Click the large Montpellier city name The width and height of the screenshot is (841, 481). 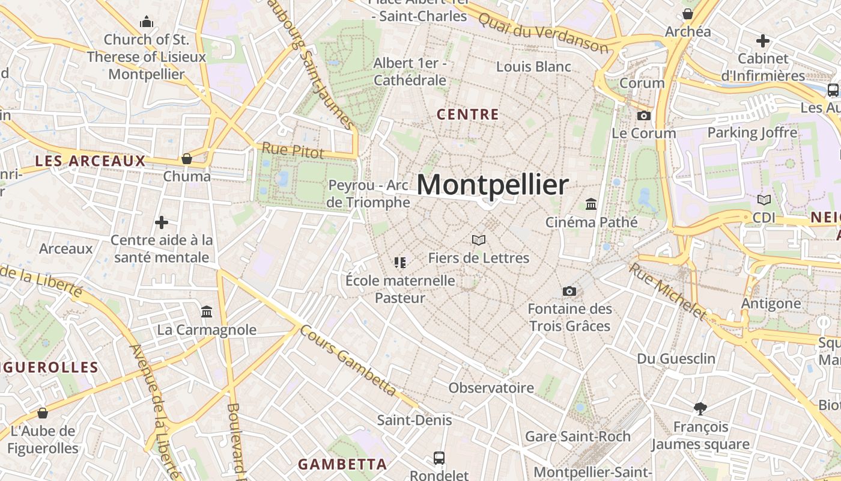492,185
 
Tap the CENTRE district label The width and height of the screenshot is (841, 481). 467,114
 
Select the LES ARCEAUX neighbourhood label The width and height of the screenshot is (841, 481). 90,161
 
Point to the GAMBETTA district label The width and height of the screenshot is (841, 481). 342,464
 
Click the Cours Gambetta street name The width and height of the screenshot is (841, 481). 349,361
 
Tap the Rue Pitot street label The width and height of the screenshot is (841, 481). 293,150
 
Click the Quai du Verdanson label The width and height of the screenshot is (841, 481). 544,32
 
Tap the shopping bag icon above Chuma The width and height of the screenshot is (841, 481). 187,159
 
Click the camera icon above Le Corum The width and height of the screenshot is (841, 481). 644,115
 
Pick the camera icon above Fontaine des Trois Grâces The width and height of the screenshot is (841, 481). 569,292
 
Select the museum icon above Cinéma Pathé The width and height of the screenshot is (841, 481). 591,204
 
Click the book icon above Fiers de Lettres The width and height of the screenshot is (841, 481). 479,240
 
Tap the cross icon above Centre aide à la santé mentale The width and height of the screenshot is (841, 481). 162,222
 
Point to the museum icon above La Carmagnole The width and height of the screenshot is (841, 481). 207,311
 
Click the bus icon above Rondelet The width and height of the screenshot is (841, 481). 439,458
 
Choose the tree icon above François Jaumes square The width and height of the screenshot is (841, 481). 700,409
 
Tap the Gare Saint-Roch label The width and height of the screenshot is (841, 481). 577,436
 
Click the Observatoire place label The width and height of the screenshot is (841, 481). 491,388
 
